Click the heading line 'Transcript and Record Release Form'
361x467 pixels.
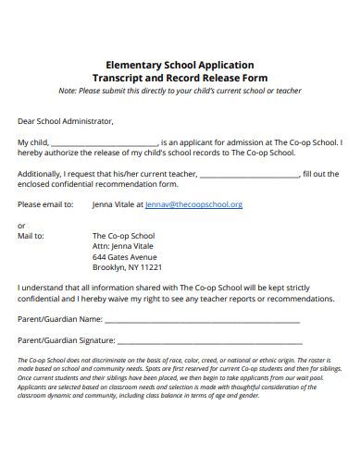(x=180, y=80)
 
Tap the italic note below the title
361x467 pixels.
(x=180, y=92)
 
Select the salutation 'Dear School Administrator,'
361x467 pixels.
(x=66, y=120)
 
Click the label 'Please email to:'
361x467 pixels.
(x=45, y=204)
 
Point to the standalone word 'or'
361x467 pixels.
(x=22, y=226)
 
